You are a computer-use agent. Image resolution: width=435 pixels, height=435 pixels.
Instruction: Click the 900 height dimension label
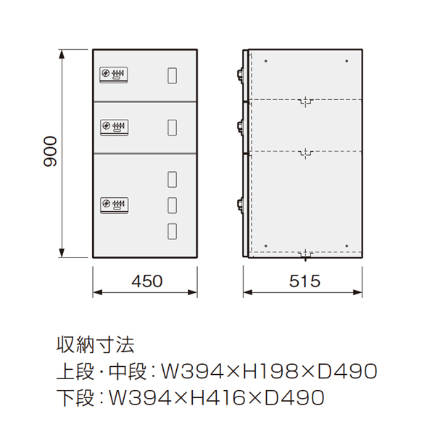(50, 152)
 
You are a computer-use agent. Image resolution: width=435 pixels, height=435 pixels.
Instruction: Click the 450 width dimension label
(147, 281)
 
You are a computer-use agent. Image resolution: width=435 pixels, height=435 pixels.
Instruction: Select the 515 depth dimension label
(304, 281)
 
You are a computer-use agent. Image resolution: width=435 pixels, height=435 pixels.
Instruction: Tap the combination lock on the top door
(114, 75)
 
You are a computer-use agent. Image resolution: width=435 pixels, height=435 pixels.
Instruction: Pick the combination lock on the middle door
(114, 128)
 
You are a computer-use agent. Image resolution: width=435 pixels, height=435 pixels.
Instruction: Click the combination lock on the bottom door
(114, 205)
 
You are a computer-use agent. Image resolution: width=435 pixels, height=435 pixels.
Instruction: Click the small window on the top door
(172, 75)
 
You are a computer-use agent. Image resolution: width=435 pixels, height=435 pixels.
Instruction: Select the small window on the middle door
(172, 128)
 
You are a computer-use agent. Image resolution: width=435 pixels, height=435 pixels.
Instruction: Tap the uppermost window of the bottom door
(172, 179)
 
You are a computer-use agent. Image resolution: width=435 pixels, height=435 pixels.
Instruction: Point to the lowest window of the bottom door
(172, 231)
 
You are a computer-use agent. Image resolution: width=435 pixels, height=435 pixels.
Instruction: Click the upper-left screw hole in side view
(266, 61)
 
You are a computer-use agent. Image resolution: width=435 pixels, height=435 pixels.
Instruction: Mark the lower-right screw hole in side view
(347, 246)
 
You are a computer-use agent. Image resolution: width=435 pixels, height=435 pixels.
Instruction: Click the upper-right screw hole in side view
(347, 61)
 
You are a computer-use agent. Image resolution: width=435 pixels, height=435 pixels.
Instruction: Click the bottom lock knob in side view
(240, 205)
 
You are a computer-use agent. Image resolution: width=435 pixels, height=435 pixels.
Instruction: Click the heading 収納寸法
(96, 345)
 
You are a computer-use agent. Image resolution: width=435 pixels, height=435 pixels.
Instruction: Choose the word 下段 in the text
(75, 397)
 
